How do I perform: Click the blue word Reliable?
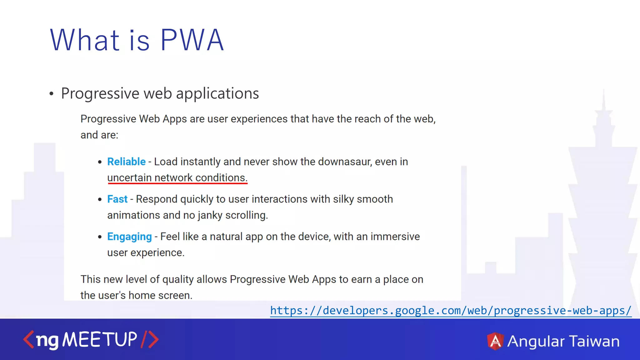pyautogui.click(x=126, y=162)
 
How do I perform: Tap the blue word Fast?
pyautogui.click(x=117, y=199)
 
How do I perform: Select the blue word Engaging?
pyautogui.click(x=129, y=237)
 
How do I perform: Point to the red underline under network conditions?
pyautogui.click(x=177, y=183)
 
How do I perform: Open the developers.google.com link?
pyautogui.click(x=451, y=311)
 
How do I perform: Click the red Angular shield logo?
pyautogui.click(x=495, y=341)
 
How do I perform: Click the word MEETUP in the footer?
pyautogui.click(x=100, y=340)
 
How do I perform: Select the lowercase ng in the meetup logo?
pyautogui.click(x=47, y=341)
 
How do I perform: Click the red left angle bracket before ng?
pyautogui.click(x=28, y=340)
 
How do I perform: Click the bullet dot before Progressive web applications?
pyautogui.click(x=52, y=94)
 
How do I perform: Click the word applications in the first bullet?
pyautogui.click(x=217, y=93)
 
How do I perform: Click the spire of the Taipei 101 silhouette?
pyautogui.click(x=604, y=100)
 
